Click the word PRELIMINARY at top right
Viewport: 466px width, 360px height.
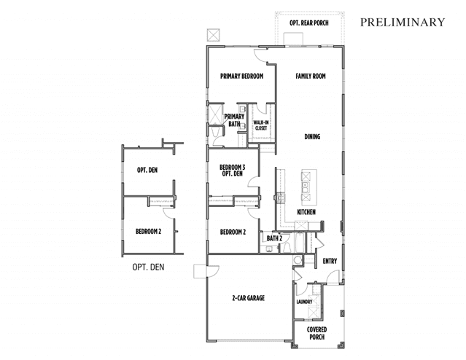point(403,23)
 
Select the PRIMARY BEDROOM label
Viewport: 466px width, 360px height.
point(241,76)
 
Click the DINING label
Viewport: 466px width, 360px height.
point(312,136)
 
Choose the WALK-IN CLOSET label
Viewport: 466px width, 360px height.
point(260,125)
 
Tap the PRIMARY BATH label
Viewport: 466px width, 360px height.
point(234,120)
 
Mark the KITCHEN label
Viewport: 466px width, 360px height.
point(306,212)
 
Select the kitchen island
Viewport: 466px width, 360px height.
point(305,184)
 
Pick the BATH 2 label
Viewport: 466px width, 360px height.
point(274,238)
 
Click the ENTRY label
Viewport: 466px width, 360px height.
point(330,260)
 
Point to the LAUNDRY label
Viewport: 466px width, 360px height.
point(304,301)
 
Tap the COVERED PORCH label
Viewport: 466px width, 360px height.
point(317,334)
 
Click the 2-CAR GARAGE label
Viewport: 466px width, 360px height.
point(248,298)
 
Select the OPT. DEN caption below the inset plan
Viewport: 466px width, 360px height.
point(148,267)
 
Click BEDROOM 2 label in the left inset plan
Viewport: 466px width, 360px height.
point(148,232)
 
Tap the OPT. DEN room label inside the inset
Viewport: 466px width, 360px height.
point(148,171)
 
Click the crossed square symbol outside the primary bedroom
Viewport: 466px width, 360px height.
point(213,35)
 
